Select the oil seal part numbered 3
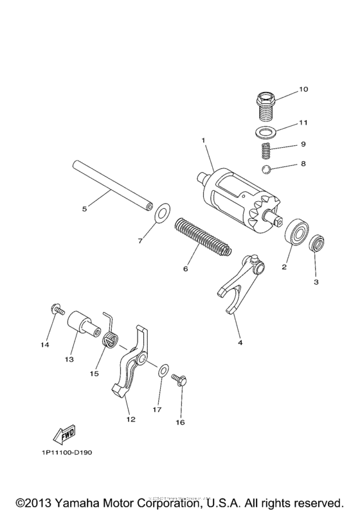coord(317,245)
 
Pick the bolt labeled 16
coord(181,381)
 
